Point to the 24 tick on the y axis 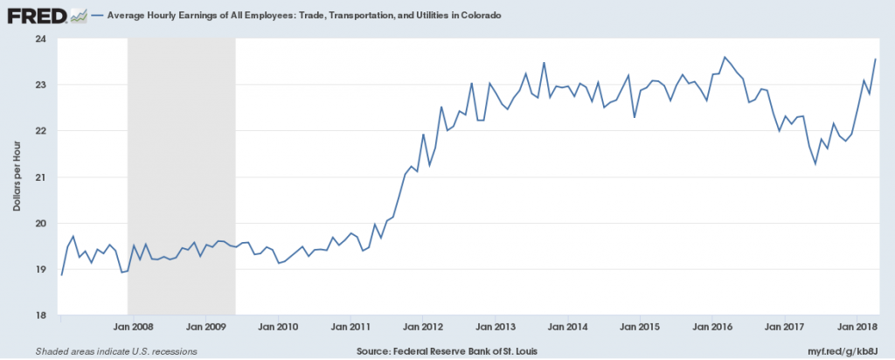pyautogui.click(x=40, y=38)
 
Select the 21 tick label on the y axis pyautogui.click(x=40, y=177)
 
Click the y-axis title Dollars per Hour pyautogui.click(x=17, y=177)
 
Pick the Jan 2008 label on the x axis pyautogui.click(x=134, y=327)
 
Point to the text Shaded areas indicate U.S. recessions pyautogui.click(x=115, y=351)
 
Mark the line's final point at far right pyautogui.click(x=876, y=59)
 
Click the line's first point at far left pyautogui.click(x=61, y=275)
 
